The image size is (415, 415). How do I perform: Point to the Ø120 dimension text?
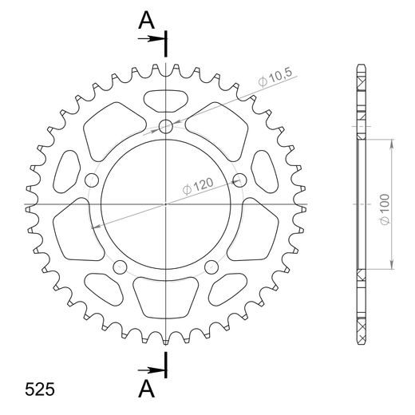pyautogui.click(x=197, y=186)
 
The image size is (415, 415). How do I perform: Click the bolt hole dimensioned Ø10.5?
pyautogui.click(x=166, y=126)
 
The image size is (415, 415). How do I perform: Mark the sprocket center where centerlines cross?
pyautogui.click(x=166, y=205)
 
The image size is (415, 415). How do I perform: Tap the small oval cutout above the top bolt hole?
pyautogui.click(x=166, y=101)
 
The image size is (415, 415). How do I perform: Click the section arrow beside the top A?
pyautogui.click(x=156, y=38)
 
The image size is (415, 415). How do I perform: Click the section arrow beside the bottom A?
pyautogui.click(x=156, y=370)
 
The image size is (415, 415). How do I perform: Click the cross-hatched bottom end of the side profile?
pyautogui.click(x=361, y=327)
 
